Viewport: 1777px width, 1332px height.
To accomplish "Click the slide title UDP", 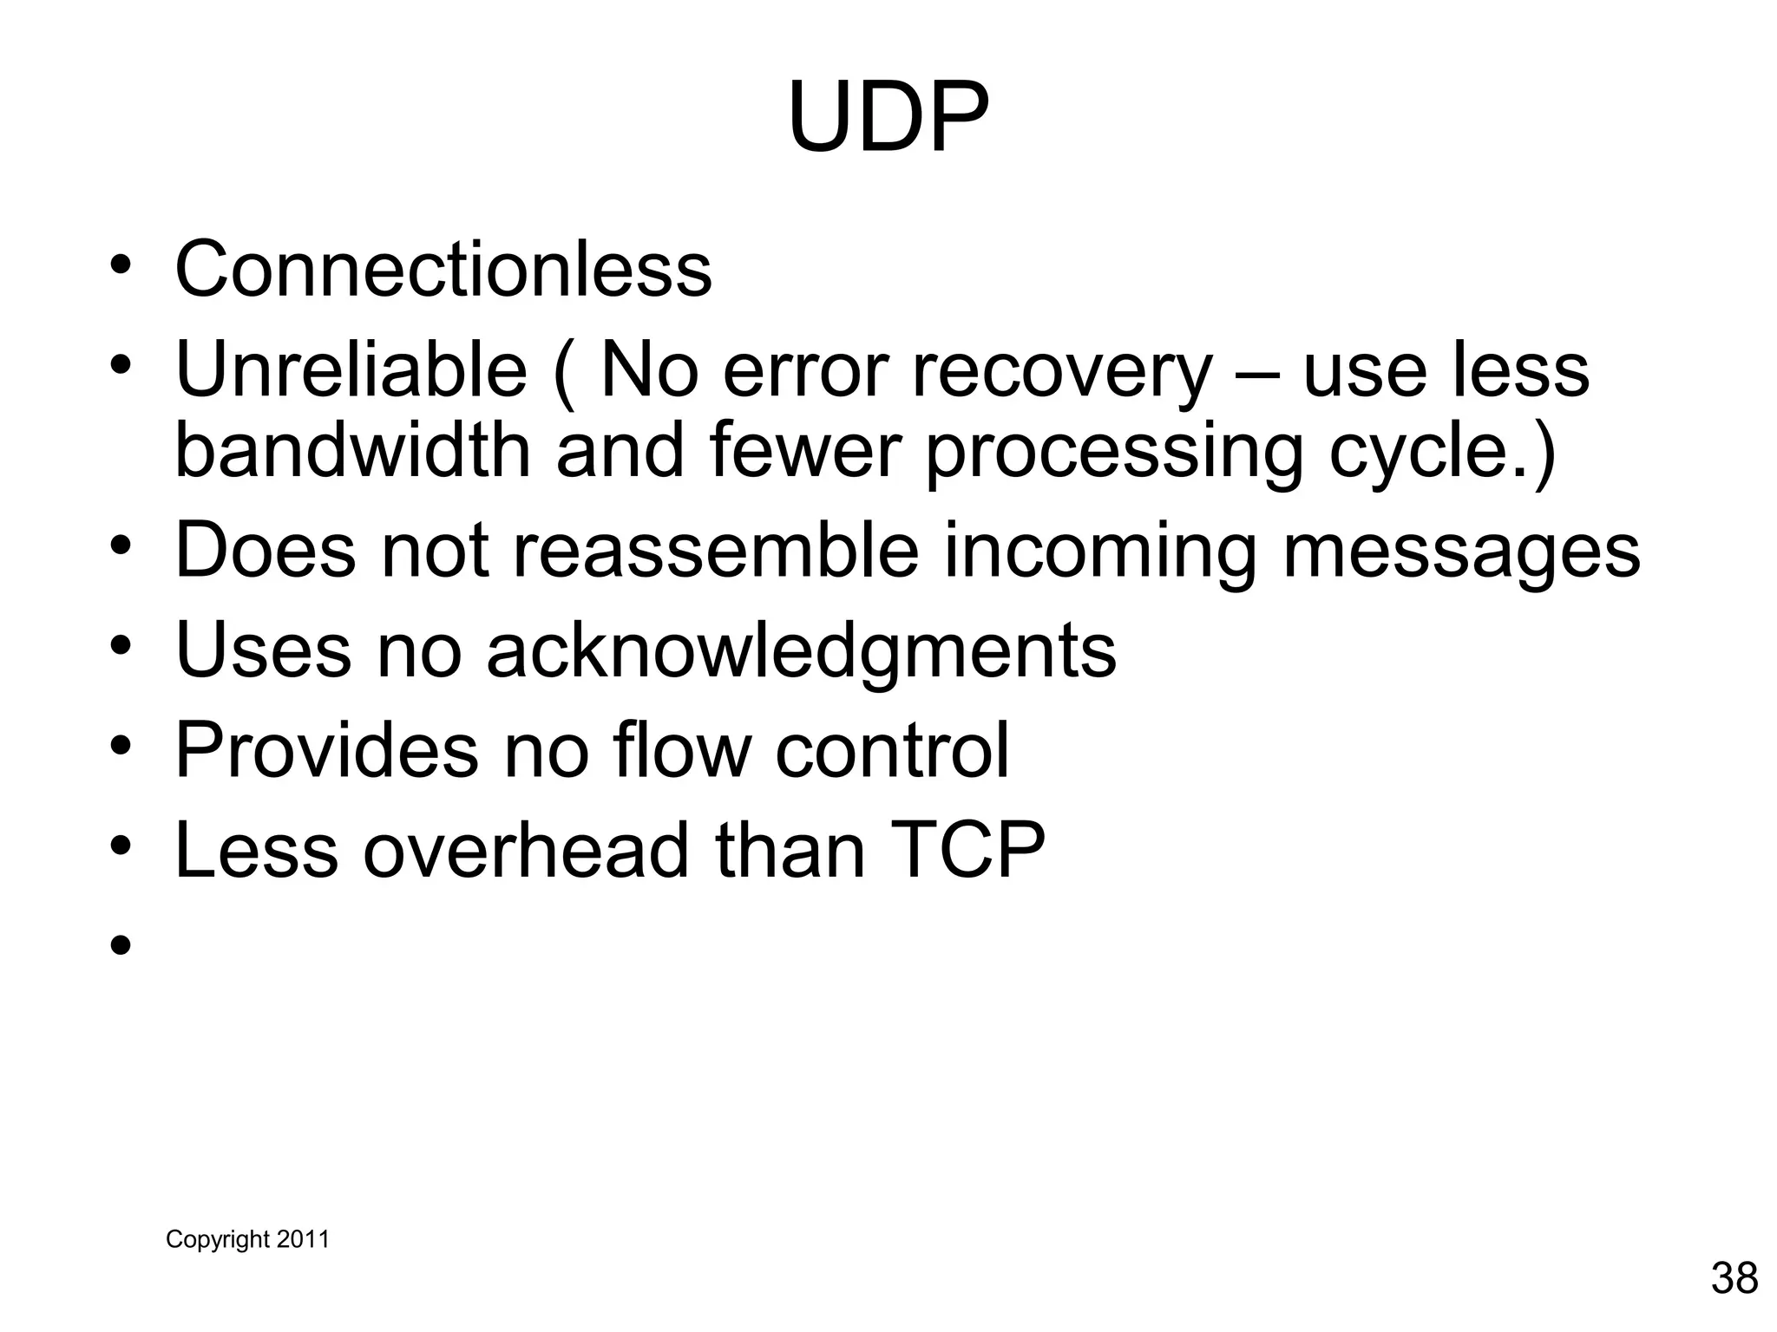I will click(888, 117).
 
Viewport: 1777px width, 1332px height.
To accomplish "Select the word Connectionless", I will click(443, 269).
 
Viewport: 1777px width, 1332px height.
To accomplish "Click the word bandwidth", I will click(352, 451).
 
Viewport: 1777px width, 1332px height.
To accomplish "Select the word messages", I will click(1461, 553).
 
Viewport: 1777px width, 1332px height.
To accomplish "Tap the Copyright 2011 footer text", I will click(247, 1239).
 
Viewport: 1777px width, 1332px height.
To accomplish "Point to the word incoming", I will click(1099, 553).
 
